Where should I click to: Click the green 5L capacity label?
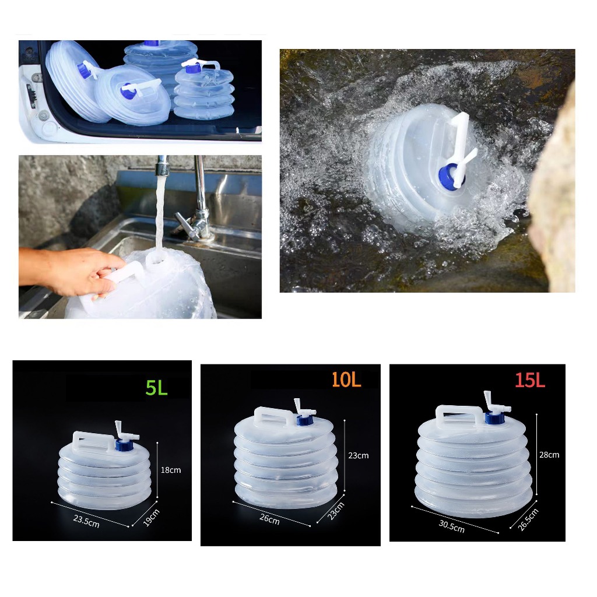(x=156, y=387)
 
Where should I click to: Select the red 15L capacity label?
(x=530, y=380)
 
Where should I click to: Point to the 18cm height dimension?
(x=171, y=470)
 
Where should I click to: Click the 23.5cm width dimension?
(x=86, y=521)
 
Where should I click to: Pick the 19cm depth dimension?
(x=151, y=518)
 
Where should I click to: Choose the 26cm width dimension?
(x=269, y=519)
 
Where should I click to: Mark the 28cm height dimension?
(x=549, y=455)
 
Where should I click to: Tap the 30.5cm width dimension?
(x=452, y=526)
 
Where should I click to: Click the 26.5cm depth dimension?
(x=528, y=519)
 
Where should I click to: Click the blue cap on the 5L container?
(x=124, y=445)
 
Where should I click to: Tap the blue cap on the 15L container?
(x=494, y=417)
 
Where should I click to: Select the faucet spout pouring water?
(x=162, y=162)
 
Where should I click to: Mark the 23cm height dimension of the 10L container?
(x=359, y=455)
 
